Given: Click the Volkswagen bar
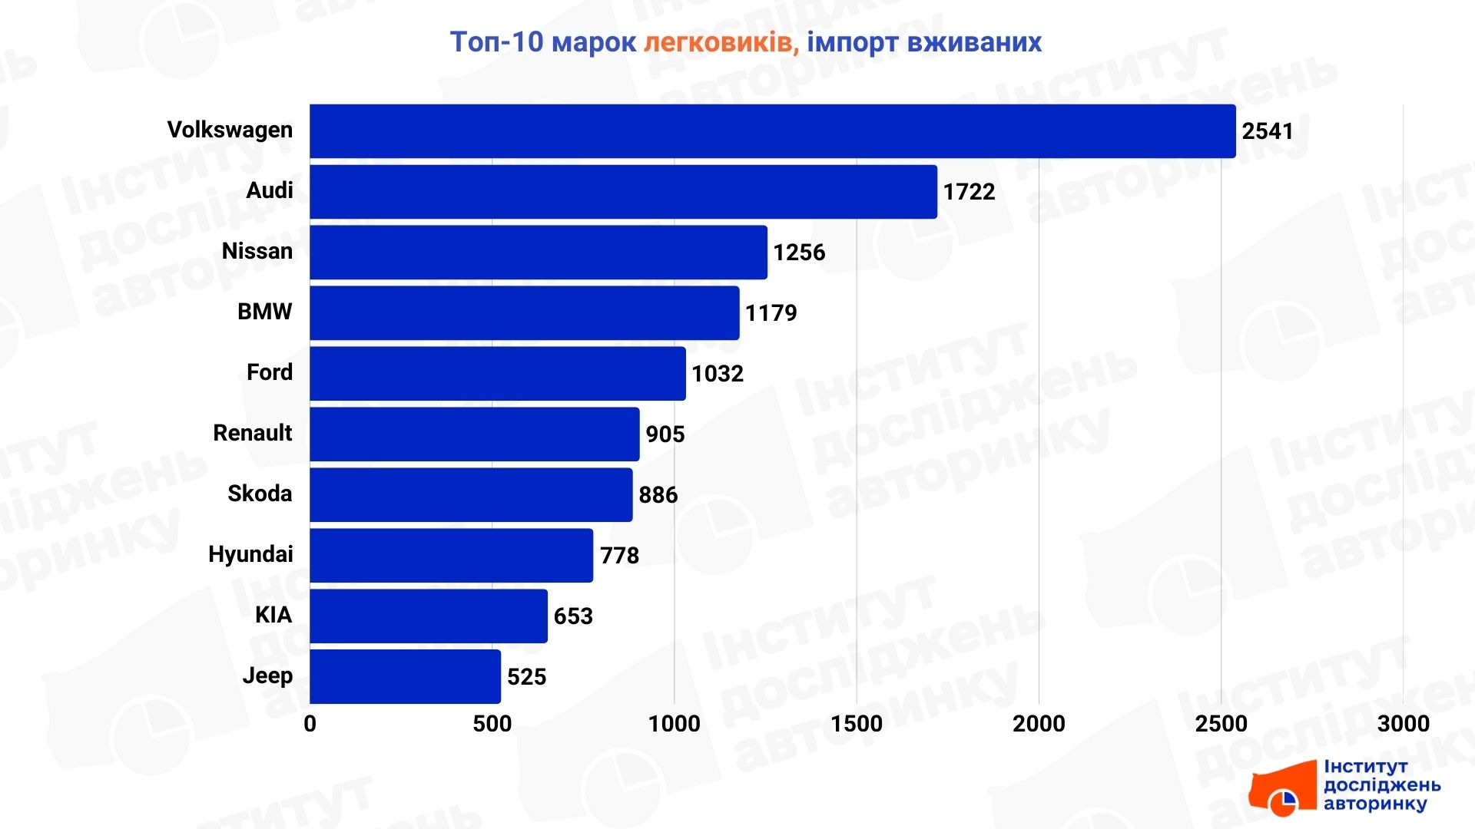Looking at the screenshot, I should pyautogui.click(x=772, y=131).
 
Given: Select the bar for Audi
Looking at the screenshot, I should pyautogui.click(x=623, y=192).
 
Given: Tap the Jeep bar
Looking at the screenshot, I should pyautogui.click(x=405, y=676).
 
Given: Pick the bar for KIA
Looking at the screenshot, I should pyautogui.click(x=428, y=616).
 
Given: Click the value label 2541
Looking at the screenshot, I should pyautogui.click(x=1267, y=131).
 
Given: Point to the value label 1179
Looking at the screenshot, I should pyautogui.click(x=771, y=313).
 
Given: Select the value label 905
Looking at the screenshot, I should pyautogui.click(x=665, y=434).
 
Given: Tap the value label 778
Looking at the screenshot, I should pyautogui.click(x=619, y=556).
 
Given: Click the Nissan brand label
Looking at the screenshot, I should pyautogui.click(x=257, y=251).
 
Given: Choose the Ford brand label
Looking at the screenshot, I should pyautogui.click(x=269, y=372).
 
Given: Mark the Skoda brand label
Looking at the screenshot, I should pyautogui.click(x=260, y=494).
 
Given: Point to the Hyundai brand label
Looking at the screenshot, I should pyautogui.click(x=250, y=554).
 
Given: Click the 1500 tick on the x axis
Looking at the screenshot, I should pyautogui.click(x=857, y=724).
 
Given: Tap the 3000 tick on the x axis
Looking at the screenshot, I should pyautogui.click(x=1403, y=724).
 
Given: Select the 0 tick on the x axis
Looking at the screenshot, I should pyautogui.click(x=310, y=724).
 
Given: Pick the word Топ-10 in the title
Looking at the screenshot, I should pyautogui.click(x=496, y=42).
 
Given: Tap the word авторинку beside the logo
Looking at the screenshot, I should pyautogui.click(x=1374, y=804).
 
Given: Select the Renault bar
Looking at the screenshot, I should pyautogui.click(x=474, y=434).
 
